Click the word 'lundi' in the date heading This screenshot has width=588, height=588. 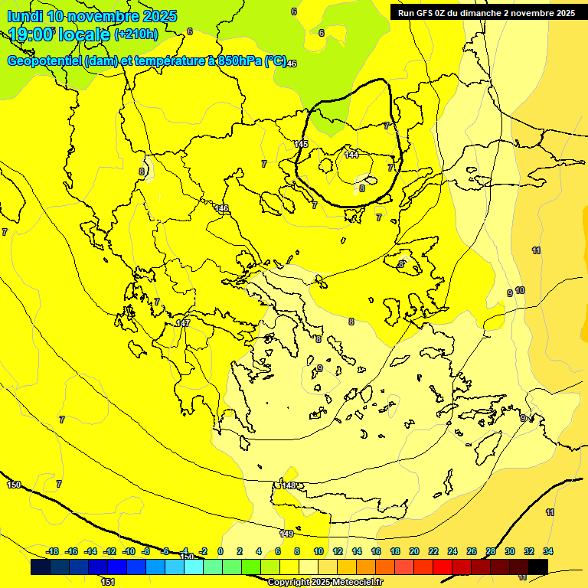[x=24, y=16]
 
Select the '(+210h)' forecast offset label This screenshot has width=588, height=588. [x=136, y=34]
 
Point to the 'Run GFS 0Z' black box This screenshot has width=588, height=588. [x=486, y=13]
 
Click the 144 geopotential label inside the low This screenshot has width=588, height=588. [x=351, y=155]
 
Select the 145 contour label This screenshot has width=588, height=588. [x=301, y=144]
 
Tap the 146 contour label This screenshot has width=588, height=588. [x=222, y=208]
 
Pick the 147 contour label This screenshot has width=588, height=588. [x=183, y=323]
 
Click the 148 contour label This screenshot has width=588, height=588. [x=289, y=485]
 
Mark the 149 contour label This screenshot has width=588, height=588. [x=286, y=534]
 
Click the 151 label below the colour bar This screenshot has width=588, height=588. [x=108, y=582]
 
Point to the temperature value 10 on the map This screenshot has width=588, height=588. [x=520, y=290]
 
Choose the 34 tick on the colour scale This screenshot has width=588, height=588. [x=547, y=551]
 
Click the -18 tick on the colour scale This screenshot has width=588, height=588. [x=52, y=551]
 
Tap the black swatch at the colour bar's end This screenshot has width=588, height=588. [x=537, y=567]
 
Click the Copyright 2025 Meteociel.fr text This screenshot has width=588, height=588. [x=325, y=582]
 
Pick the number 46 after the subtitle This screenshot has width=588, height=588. [x=291, y=64]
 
